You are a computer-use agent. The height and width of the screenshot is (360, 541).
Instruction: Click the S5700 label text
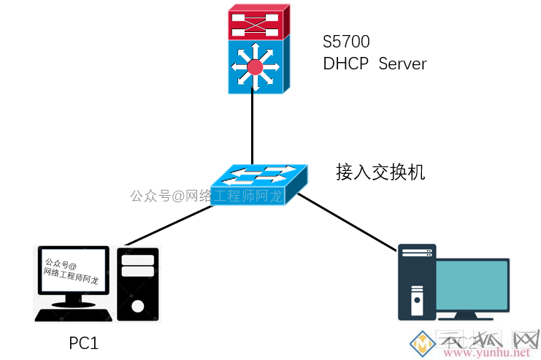pyautogui.click(x=346, y=42)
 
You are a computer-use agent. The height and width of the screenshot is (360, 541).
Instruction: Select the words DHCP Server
pyautogui.click(x=375, y=64)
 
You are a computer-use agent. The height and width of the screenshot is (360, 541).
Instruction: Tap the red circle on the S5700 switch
pyautogui.click(x=254, y=68)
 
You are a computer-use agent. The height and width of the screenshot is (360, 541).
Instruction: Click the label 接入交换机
pyautogui.click(x=380, y=172)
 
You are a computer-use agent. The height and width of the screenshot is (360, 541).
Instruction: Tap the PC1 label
pyautogui.click(x=83, y=342)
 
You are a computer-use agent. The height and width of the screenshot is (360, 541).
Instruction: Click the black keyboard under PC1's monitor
pyautogui.click(x=74, y=315)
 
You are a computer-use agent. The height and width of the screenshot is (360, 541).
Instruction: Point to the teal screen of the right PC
pyautogui.click(x=472, y=286)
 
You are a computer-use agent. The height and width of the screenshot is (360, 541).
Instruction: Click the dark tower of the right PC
pyautogui.click(x=416, y=282)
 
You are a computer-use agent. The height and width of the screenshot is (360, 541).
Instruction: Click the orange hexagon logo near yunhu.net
pyautogui.click(x=421, y=343)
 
